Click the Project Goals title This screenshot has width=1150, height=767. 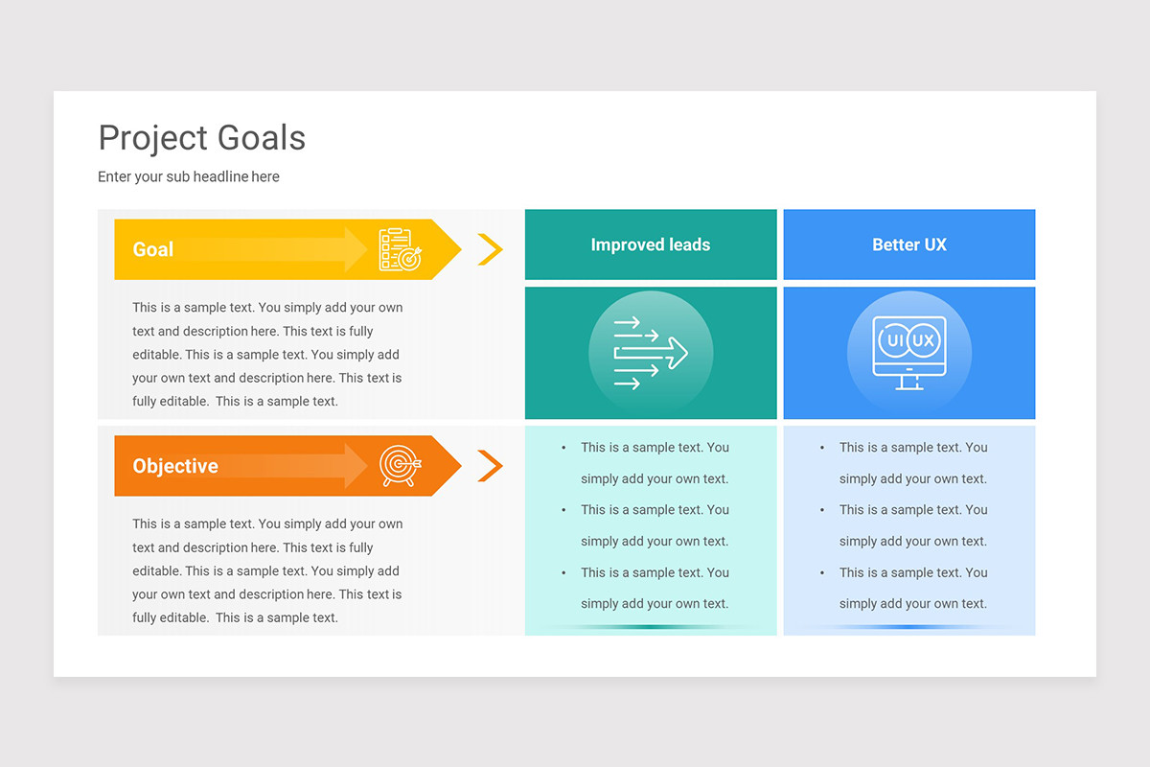tap(202, 138)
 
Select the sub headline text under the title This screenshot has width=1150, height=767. tap(189, 176)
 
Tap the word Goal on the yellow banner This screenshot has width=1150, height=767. tap(152, 249)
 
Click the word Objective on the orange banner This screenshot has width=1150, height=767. tap(175, 466)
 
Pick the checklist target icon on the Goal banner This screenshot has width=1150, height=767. tap(400, 249)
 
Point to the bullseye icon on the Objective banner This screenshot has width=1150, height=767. tap(400, 466)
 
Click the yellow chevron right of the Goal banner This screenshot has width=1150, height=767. tap(490, 249)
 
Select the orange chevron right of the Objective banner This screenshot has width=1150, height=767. tap(490, 466)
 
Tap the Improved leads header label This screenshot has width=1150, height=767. tap(651, 244)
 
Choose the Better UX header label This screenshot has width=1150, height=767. tap(909, 244)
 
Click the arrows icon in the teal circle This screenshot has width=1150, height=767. tap(651, 353)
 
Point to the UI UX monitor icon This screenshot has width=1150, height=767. tap(909, 352)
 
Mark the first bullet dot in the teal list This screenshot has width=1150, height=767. tap(563, 448)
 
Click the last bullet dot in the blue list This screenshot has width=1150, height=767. tap(822, 573)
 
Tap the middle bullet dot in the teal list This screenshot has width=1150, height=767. tap(563, 510)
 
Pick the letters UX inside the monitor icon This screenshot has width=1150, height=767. tap(923, 340)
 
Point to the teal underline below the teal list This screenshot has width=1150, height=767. tap(651, 627)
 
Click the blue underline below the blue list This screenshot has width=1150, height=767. tap(909, 627)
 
